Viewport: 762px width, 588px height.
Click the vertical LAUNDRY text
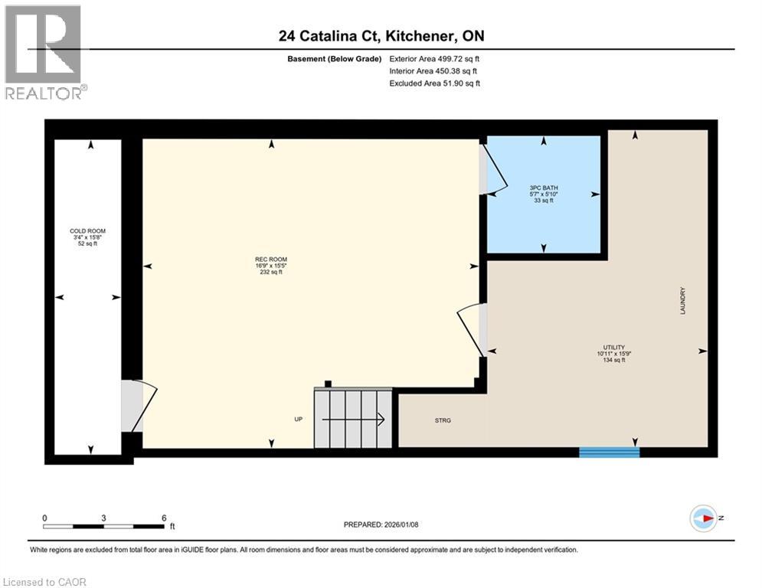(681, 301)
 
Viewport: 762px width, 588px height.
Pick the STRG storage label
(442, 420)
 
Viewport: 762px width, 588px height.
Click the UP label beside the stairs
(299, 419)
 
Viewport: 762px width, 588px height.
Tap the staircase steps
(352, 419)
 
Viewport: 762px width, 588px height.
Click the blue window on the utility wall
(609, 452)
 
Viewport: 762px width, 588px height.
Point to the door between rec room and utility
(473, 330)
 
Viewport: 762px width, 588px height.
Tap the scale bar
(103, 526)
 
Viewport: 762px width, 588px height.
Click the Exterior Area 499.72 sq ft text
(434, 58)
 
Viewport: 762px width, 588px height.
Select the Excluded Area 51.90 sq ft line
(434, 83)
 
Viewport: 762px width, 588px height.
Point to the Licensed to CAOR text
(44, 582)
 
